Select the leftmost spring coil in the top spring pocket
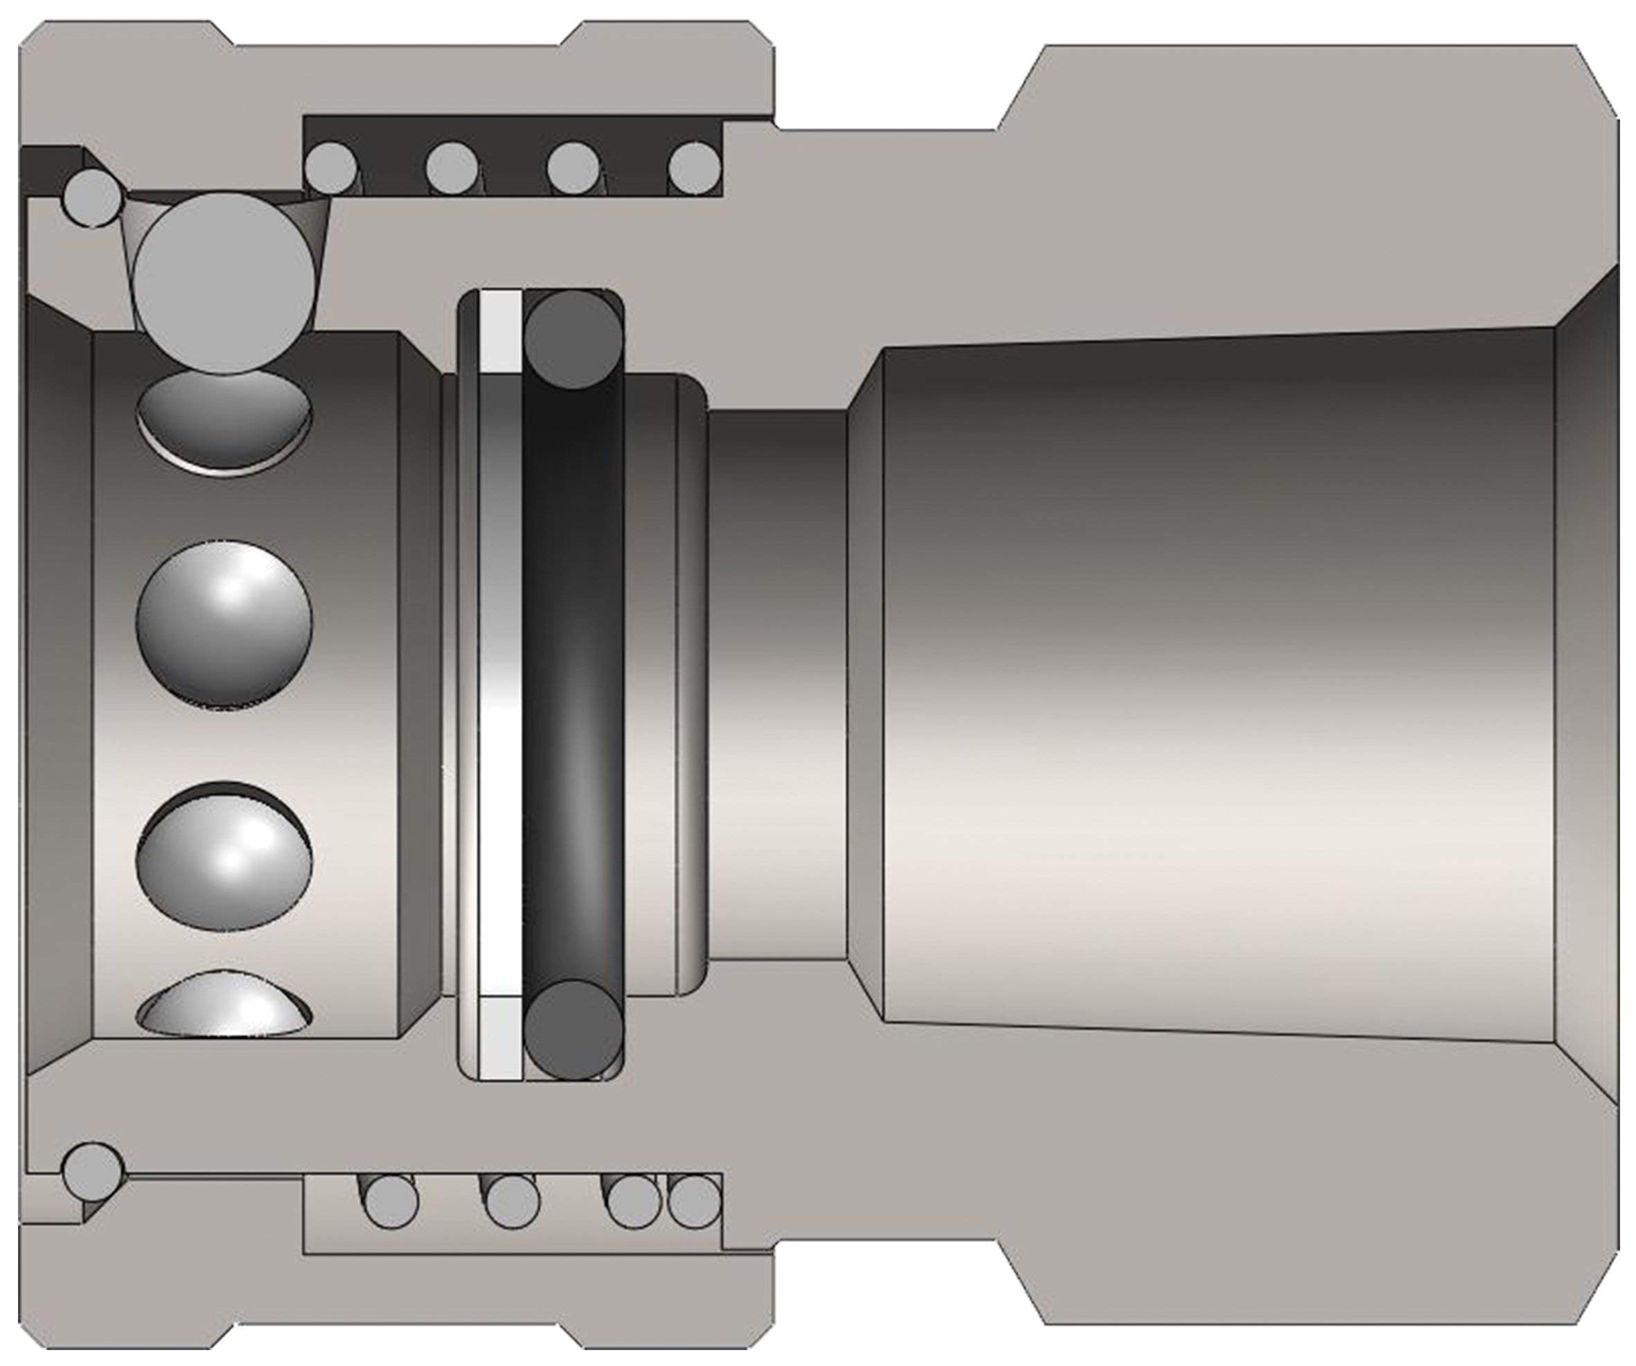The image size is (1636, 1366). [x=332, y=168]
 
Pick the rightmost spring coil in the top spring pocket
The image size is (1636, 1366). [x=694, y=168]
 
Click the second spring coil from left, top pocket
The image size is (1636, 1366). [x=452, y=168]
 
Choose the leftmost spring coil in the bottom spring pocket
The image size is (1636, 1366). [x=391, y=1200]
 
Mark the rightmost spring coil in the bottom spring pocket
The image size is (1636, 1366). [x=694, y=1200]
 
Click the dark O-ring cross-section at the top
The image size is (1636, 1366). [x=574, y=341]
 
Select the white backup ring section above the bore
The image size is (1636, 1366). [x=501, y=331]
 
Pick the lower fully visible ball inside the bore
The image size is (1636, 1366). [x=224, y=857]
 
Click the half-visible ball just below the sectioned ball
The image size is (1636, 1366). [x=224, y=420]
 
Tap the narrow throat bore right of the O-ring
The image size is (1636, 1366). [x=779, y=686]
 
